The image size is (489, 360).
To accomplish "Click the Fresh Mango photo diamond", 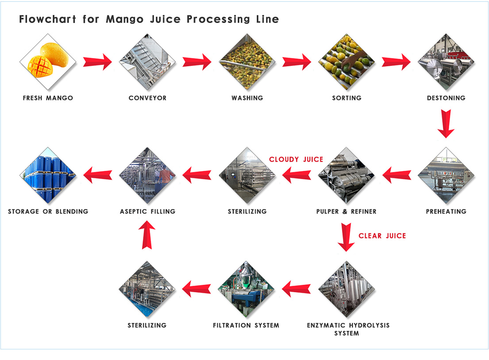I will pyautogui.click(x=48, y=62).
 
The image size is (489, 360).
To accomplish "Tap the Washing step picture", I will pyautogui.click(x=247, y=62).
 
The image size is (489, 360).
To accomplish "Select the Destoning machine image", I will pyautogui.click(x=446, y=62).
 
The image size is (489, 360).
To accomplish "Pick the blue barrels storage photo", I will pyautogui.click(x=48, y=176).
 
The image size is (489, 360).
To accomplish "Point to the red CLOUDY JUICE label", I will pyautogui.click(x=296, y=159).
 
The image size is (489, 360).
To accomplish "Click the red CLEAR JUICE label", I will pyautogui.click(x=382, y=236).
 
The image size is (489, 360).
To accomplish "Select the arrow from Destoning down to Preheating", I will pyautogui.click(x=446, y=125).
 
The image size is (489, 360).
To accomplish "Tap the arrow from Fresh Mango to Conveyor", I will pyautogui.click(x=97, y=61).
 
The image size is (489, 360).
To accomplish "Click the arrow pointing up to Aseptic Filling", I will pyautogui.click(x=147, y=234).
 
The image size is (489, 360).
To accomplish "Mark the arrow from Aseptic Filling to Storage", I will pyautogui.click(x=98, y=176).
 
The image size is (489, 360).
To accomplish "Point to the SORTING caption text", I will pyautogui.click(x=347, y=98).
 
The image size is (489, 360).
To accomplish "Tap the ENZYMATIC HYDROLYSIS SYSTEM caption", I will pyautogui.click(x=348, y=329).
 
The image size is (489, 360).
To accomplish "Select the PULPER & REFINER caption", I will pyautogui.click(x=347, y=211).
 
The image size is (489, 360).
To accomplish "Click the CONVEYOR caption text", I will pyautogui.click(x=147, y=98).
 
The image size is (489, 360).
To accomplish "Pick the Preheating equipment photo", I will pyautogui.click(x=446, y=176).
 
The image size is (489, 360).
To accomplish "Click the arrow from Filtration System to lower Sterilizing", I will pyautogui.click(x=197, y=289).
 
